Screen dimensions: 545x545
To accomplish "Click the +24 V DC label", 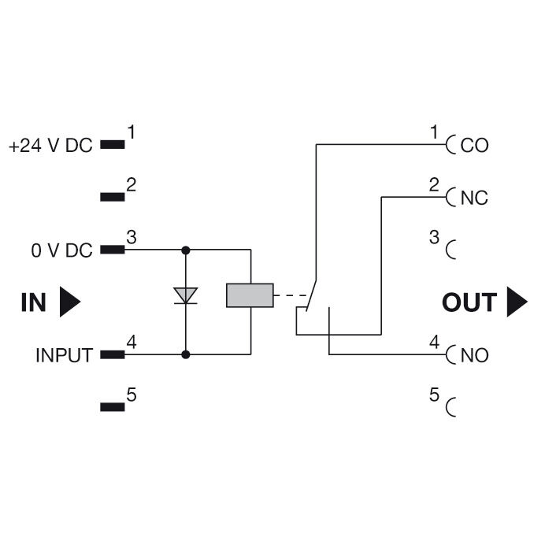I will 50,146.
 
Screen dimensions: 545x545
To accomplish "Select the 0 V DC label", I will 61,250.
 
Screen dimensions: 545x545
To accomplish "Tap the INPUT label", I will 64,355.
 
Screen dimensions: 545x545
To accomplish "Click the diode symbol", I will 186,296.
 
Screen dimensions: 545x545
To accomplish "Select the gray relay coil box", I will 250,295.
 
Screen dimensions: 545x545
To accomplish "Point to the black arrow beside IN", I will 70,302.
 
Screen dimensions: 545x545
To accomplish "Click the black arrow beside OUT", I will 516,302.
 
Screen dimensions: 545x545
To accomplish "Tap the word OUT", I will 469,302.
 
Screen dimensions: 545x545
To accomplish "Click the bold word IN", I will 33,302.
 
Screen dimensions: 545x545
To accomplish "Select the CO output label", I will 474,146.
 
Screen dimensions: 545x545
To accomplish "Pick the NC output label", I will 474,198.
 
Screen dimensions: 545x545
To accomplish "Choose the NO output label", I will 474,355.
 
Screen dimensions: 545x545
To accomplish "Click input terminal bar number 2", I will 113,197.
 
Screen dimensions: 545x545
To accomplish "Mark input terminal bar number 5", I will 113,407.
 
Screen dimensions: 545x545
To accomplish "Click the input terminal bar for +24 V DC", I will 113,145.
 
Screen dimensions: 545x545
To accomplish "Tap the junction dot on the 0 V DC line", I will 186,250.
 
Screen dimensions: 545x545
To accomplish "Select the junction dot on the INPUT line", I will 186,354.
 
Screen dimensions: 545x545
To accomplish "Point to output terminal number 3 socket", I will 450,250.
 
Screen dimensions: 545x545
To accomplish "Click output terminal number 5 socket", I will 450,407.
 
